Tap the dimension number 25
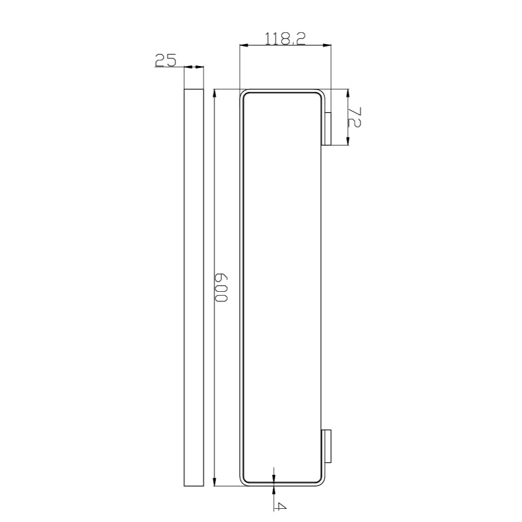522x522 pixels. [165, 61]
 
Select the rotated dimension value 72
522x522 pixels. [355, 117]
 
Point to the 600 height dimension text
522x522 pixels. [221, 287]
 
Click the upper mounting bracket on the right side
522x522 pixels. [328, 129]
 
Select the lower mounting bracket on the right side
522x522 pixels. [328, 446]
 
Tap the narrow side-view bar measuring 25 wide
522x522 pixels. [193, 287]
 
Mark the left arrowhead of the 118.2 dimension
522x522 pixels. [243, 46]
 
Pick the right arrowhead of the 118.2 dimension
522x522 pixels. [327, 46]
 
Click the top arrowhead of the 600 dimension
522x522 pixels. [216, 93]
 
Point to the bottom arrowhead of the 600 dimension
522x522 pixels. [216, 482]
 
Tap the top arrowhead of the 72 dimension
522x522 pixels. [348, 93]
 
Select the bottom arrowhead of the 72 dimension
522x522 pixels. [348, 142]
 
